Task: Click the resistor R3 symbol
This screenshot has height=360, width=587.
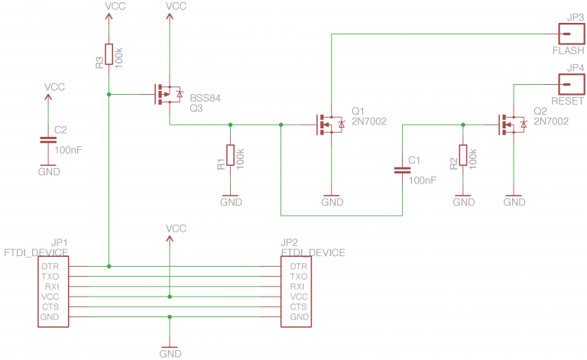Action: coord(109,54)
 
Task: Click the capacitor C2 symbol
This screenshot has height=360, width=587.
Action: coord(48,140)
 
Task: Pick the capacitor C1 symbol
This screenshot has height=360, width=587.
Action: coord(402,170)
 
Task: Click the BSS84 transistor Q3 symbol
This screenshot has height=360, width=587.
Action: coord(166,95)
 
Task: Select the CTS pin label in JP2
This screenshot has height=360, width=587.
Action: coord(299,306)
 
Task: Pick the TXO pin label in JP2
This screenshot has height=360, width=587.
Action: coord(299,276)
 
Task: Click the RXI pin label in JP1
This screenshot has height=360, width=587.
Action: coord(50,287)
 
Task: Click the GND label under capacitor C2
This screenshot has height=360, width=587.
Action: coord(48,172)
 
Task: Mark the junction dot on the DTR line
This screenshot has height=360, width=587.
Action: coord(109,266)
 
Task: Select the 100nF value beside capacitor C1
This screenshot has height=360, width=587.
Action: coord(423,180)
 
